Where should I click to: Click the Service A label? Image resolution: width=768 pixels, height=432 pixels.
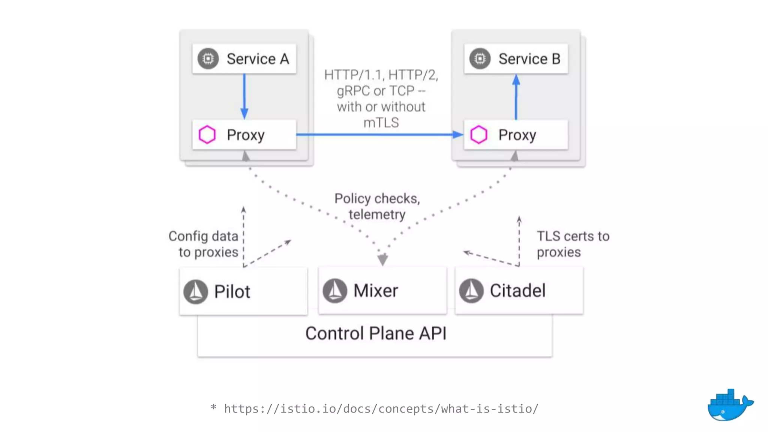258,59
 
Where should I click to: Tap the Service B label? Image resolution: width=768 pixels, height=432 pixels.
529,59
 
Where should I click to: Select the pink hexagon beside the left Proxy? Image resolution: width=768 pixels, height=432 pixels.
207,135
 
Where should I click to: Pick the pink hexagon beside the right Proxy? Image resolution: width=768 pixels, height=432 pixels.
478,135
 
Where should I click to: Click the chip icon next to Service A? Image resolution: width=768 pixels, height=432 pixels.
208,58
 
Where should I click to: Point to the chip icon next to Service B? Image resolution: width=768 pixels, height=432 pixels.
480,58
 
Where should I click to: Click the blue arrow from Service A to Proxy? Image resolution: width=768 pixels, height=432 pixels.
244,96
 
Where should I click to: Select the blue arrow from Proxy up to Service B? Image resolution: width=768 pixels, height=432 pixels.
516,97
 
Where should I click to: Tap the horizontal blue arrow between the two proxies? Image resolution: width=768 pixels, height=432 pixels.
379,134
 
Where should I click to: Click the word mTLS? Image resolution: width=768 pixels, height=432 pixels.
381,123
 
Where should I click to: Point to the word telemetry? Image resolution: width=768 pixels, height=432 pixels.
376,214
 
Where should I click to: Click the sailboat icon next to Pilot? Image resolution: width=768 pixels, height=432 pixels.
195,291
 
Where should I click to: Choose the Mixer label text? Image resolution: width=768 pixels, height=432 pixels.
375,291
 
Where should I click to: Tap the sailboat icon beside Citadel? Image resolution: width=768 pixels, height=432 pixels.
471,291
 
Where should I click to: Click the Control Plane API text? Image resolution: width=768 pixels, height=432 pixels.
376,333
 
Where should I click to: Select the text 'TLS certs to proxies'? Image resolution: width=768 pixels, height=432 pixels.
572,244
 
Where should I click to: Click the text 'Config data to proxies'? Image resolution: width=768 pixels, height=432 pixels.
204,244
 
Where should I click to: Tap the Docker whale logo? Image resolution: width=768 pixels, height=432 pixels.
729,406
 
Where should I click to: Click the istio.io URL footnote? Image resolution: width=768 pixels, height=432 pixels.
381,408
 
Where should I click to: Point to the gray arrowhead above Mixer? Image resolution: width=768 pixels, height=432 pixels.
382,259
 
